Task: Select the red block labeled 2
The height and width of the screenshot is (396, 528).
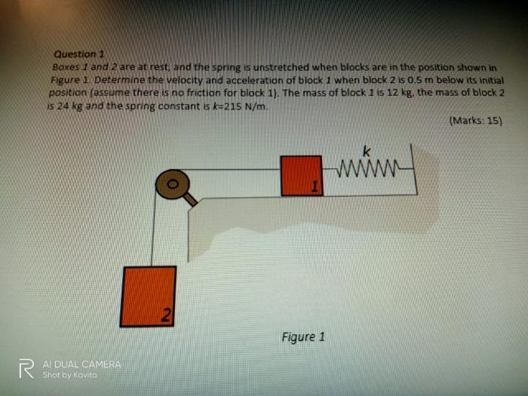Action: pyautogui.click(x=148, y=296)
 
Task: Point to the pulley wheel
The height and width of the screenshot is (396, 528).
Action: pyautogui.click(x=173, y=183)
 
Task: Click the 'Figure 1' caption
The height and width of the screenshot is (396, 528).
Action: pyautogui.click(x=302, y=336)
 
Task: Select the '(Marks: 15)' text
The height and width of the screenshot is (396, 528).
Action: pyautogui.click(x=474, y=121)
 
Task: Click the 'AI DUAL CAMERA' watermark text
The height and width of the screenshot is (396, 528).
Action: pyautogui.click(x=81, y=364)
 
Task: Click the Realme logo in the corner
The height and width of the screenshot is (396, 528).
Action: pyautogui.click(x=26, y=369)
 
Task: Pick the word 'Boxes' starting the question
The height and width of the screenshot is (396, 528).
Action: pyautogui.click(x=67, y=67)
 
